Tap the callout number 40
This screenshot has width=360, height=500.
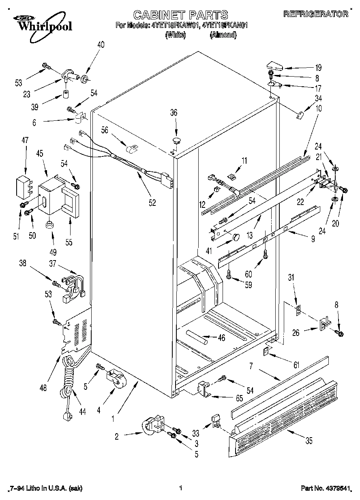pos(101,45)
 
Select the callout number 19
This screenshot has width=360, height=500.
pos(318,68)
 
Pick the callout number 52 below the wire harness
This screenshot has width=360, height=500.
pos(152,203)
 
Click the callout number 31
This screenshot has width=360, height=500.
pos(291,278)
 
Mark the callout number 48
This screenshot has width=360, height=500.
pos(43,388)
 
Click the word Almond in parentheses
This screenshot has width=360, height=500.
pos(223,35)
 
